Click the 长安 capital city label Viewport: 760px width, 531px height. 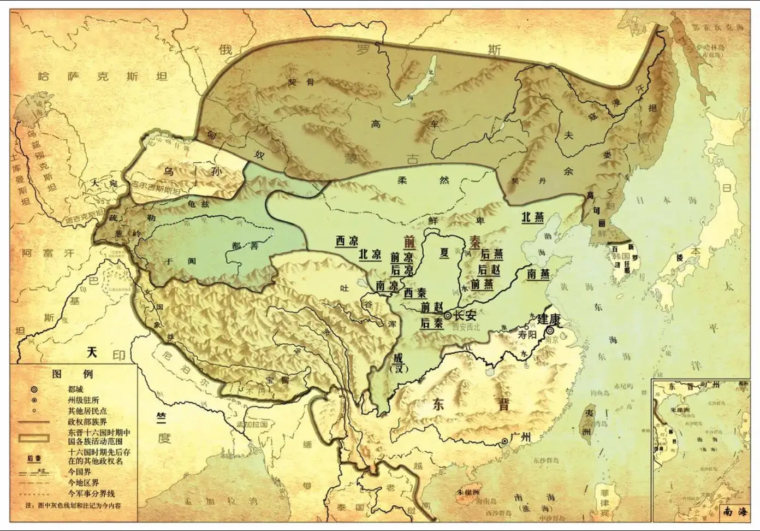click(465, 315)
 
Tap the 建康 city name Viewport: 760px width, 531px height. click(549, 319)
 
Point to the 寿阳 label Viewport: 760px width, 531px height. click(527, 335)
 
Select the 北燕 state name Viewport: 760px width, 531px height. click(532, 217)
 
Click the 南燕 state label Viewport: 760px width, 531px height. click(538, 274)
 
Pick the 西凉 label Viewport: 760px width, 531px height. click(347, 241)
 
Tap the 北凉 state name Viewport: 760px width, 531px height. click(370, 255)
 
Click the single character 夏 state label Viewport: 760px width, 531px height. click(444, 253)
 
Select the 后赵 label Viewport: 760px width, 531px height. click(490, 269)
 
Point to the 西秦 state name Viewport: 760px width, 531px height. click(415, 293)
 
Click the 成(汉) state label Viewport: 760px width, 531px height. click(399, 363)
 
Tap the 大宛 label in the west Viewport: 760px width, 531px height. click(105, 184)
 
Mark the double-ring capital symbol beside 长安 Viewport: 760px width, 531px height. click(448, 316)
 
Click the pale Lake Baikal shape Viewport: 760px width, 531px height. click(420, 82)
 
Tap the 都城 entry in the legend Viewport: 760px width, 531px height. click(75, 390)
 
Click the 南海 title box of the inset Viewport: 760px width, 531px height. click(734, 512)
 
